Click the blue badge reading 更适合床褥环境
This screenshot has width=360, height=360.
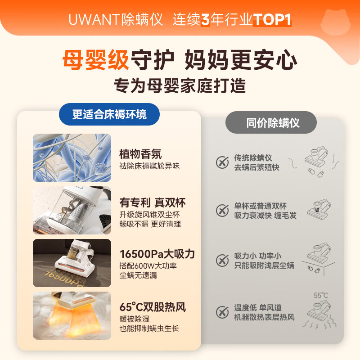109,114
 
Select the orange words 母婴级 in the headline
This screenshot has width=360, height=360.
95,60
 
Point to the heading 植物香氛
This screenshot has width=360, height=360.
140,154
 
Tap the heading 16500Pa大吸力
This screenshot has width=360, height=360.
157,254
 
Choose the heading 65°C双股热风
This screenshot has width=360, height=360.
153,307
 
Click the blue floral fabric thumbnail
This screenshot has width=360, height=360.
72,157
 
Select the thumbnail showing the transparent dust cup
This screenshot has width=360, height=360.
72,210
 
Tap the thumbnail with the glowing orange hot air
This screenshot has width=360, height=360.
72,315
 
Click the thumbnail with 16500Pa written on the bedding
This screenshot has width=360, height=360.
72,263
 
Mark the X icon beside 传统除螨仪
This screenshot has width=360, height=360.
222,162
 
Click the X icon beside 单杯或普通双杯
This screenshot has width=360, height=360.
222,210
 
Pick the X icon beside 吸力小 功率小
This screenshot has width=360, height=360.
222,260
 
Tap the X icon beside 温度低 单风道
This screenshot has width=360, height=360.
222,312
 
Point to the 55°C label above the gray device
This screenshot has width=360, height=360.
320,296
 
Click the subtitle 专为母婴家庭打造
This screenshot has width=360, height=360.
180,85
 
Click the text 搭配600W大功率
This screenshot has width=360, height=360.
148,265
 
